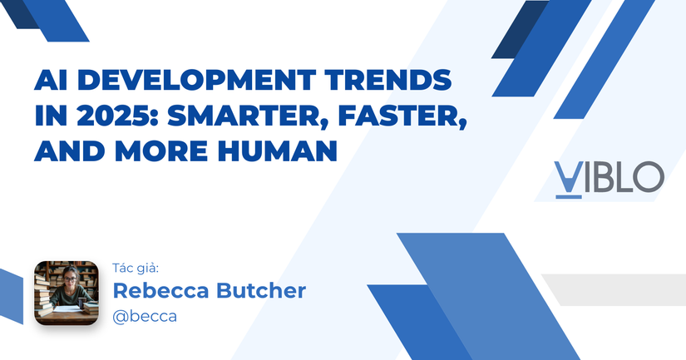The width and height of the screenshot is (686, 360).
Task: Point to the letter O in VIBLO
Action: [648, 178]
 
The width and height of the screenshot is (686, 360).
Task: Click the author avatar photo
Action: [67, 293]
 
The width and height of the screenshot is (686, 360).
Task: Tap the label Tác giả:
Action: [135, 268]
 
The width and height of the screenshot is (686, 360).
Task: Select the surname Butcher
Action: [259, 291]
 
